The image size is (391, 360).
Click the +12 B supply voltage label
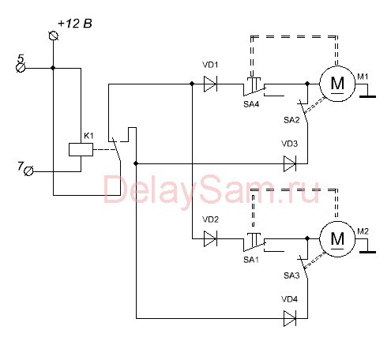(x=75, y=24)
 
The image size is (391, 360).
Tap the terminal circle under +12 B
(x=54, y=36)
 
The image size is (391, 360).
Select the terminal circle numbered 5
(x=21, y=68)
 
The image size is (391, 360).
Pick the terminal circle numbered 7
(x=28, y=171)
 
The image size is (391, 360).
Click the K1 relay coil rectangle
(x=81, y=149)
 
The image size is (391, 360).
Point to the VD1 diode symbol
(x=210, y=84)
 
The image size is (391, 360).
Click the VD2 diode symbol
(x=210, y=238)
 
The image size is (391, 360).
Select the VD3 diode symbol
(x=290, y=163)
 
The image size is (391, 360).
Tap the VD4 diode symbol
(x=290, y=318)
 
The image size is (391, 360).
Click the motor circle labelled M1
(x=337, y=84)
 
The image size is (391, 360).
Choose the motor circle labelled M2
(x=337, y=238)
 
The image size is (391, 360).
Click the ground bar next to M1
(x=367, y=96)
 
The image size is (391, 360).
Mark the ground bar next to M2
(x=367, y=252)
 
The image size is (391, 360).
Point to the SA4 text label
(x=251, y=104)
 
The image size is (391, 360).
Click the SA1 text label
(x=251, y=260)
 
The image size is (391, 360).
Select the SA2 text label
(x=291, y=120)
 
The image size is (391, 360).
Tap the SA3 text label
(x=291, y=276)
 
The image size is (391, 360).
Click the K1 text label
(x=88, y=136)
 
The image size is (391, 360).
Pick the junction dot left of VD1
(x=192, y=84)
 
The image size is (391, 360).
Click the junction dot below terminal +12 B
(x=53, y=68)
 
